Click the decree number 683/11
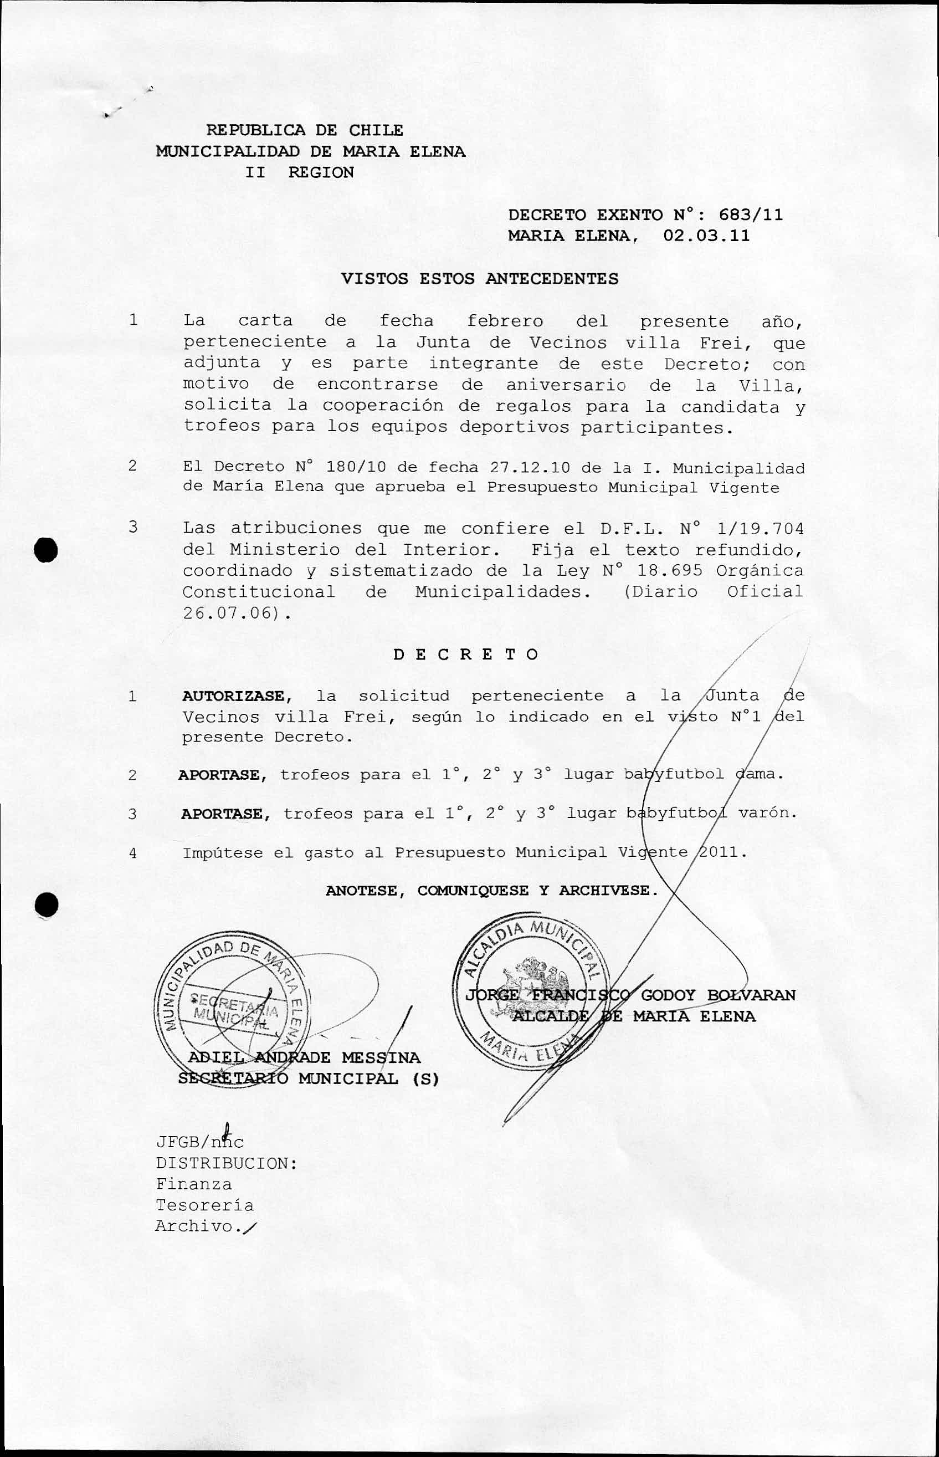(x=751, y=214)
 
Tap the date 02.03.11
(x=706, y=236)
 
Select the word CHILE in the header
(x=376, y=130)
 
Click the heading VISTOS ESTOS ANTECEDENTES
(x=479, y=279)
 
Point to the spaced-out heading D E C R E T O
(x=465, y=655)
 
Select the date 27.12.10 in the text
(x=529, y=468)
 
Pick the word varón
(x=767, y=813)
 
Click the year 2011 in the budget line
(x=722, y=852)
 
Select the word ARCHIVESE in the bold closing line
(x=608, y=891)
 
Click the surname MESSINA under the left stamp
(x=381, y=1057)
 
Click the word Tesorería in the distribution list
(x=204, y=1205)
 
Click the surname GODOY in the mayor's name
(x=668, y=995)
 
